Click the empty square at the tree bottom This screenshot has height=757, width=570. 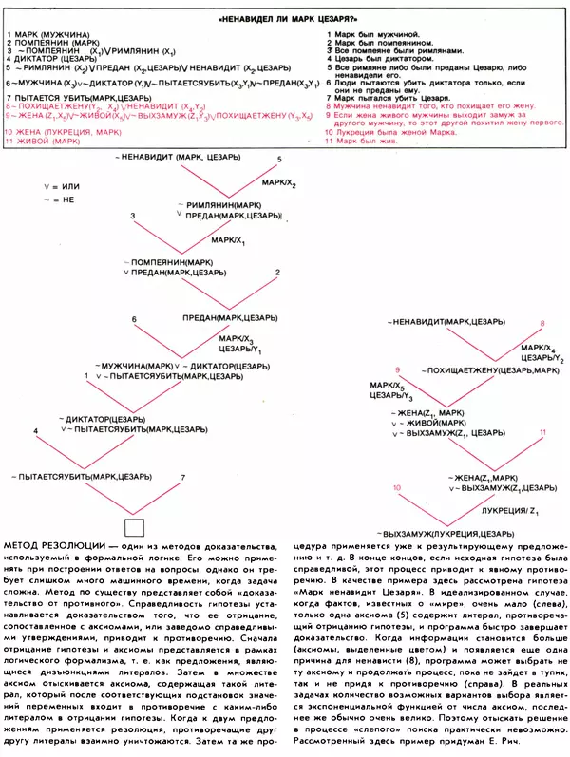[x=133, y=527]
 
